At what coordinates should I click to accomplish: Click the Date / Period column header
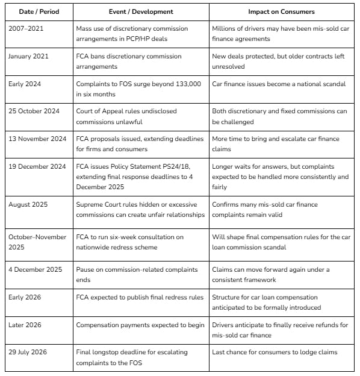click(36, 11)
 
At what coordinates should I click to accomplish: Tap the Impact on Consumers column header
click(282, 11)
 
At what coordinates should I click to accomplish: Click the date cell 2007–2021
click(26, 28)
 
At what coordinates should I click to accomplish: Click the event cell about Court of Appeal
click(140, 116)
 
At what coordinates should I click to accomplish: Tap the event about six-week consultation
click(138, 242)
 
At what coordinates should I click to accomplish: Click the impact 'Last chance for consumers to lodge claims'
click(275, 352)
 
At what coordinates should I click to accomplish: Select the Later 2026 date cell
click(26, 325)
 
